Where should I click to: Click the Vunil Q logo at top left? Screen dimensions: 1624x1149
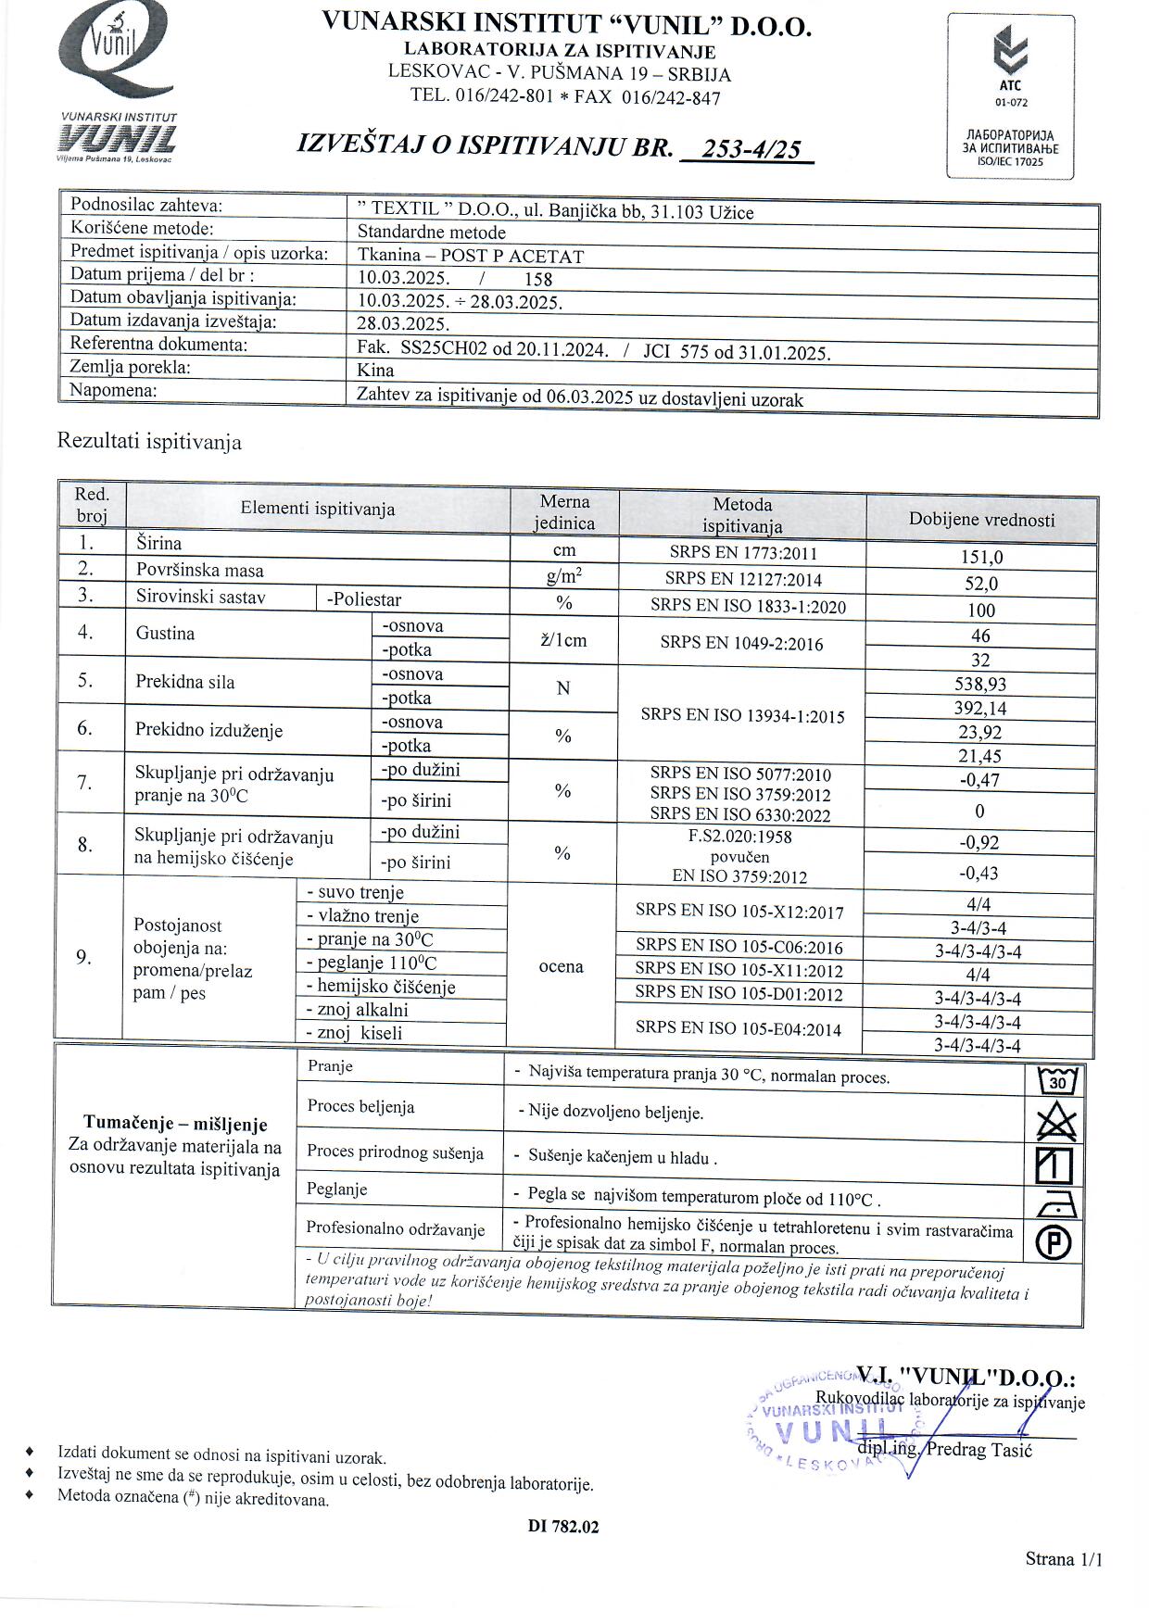click(112, 51)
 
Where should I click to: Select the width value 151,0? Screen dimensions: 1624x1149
click(981, 558)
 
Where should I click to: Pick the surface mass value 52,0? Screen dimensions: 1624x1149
click(981, 584)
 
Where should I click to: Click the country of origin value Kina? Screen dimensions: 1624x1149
click(376, 370)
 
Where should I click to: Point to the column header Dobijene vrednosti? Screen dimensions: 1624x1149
click(981, 520)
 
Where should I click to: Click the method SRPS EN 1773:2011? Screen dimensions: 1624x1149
click(743, 554)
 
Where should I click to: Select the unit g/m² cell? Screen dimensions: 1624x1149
click(564, 578)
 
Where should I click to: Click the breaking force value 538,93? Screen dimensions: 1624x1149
click(981, 685)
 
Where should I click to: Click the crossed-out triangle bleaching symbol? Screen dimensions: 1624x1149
click(1056, 1124)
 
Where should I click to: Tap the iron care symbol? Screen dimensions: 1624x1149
click(1056, 1204)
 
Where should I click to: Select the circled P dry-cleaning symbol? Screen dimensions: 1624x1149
click(1055, 1241)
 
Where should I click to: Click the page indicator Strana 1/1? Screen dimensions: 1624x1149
click(1064, 1559)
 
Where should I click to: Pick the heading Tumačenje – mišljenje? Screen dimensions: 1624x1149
click(175, 1125)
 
